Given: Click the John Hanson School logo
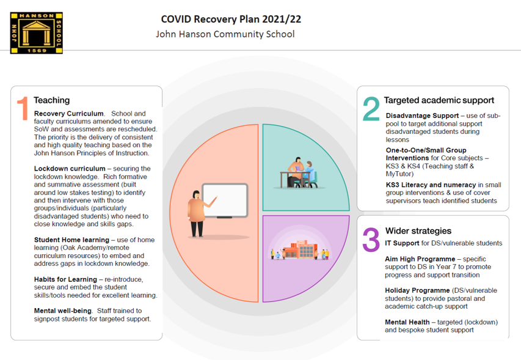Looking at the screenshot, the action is [37, 33].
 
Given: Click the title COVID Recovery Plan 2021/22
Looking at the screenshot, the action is [231, 20].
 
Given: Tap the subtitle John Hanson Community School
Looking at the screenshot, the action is [225, 34].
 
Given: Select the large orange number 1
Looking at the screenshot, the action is [23, 108].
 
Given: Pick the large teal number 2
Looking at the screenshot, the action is [371, 109].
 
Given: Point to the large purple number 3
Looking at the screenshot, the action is [371, 240].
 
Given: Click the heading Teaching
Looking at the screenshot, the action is [52, 100].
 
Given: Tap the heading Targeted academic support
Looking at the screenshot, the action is [439, 100].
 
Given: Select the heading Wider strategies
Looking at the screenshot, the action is [418, 230].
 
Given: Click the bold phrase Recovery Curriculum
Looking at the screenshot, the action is [69, 114].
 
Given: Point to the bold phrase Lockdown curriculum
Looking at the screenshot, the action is [70, 169].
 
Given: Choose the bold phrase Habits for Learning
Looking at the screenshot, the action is [65, 279].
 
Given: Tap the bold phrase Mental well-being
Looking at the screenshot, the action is [62, 311].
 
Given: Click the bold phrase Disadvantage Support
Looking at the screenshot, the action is [422, 116].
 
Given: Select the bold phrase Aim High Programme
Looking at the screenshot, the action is [420, 259].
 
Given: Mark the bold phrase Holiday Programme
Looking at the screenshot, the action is [417, 290].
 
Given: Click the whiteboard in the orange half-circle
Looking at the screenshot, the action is [225, 200].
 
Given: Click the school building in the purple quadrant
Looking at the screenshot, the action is [299, 250].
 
